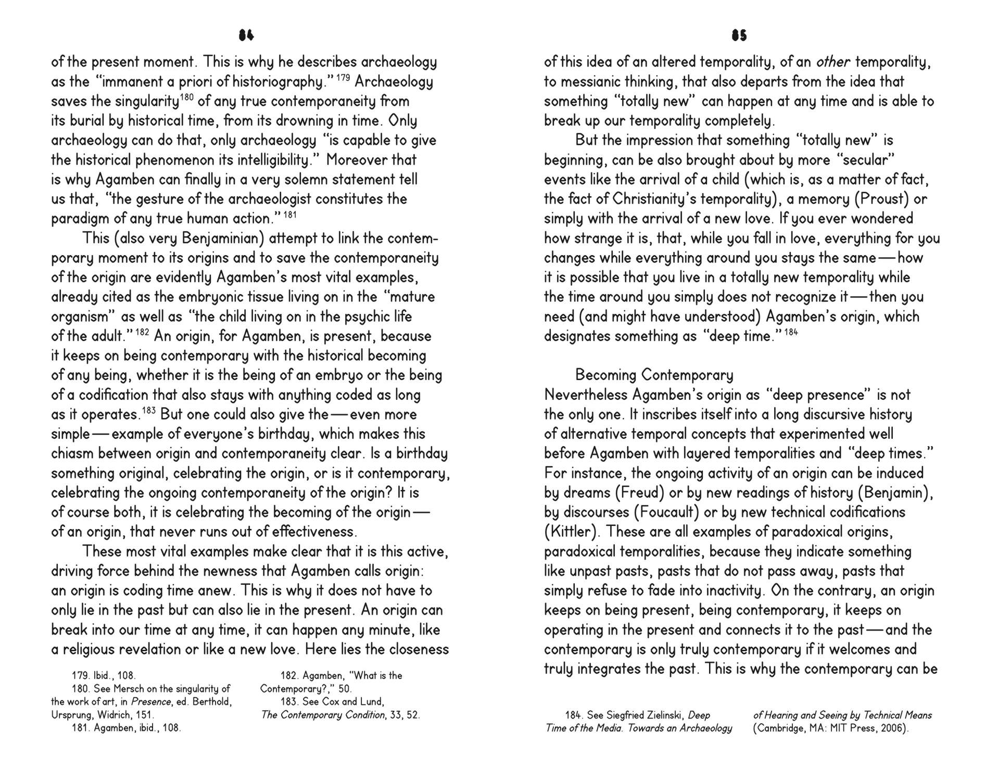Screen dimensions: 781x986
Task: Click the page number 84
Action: coord(246,35)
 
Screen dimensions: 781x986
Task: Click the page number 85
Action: coord(739,35)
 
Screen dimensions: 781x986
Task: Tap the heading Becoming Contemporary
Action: coord(654,375)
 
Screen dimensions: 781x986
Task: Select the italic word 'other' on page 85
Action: coord(833,62)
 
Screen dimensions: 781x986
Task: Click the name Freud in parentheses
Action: coord(641,493)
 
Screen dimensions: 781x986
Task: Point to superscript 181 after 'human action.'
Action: coord(291,215)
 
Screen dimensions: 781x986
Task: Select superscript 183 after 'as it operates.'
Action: coord(148,410)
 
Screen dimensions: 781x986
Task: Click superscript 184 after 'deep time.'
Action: coord(791,332)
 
